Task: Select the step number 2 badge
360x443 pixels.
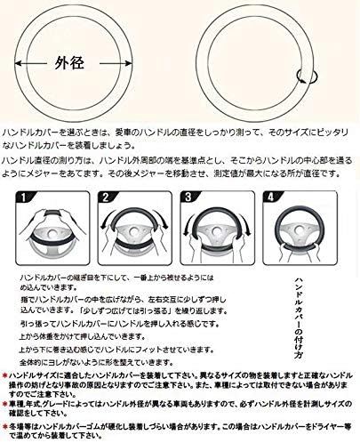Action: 107,197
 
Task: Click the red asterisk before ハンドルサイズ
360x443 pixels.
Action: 4,378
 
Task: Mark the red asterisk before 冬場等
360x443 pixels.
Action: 4,428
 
